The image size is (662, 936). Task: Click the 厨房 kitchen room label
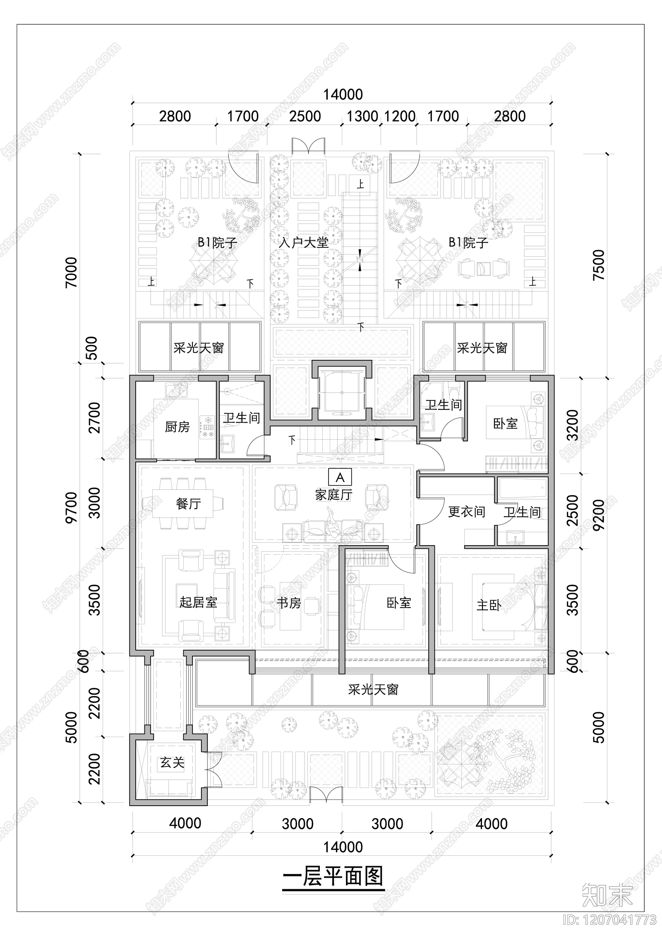(177, 426)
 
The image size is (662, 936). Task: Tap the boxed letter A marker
(340, 477)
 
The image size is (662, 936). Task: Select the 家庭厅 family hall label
(333, 495)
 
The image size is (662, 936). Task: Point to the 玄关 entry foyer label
(172, 762)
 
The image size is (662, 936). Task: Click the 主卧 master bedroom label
(489, 606)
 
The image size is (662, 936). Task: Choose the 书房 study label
(289, 603)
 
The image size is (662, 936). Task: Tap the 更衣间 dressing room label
(466, 512)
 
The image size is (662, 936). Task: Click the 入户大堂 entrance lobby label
(303, 242)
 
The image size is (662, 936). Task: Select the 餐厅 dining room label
(188, 503)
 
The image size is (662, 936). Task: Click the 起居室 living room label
(198, 602)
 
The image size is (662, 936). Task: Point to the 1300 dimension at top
(362, 116)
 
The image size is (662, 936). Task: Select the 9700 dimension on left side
(72, 507)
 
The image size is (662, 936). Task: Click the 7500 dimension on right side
(599, 265)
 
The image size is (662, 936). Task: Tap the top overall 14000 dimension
(343, 95)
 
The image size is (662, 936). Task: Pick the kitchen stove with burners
(207, 426)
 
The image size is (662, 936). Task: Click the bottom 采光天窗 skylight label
(373, 690)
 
